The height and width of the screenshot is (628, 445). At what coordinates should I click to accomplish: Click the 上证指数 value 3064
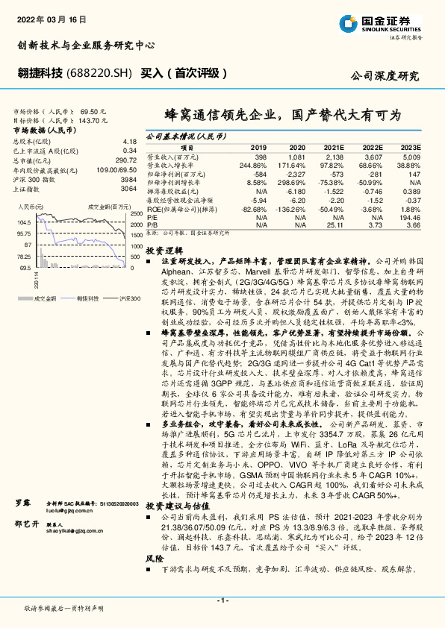coord(128,189)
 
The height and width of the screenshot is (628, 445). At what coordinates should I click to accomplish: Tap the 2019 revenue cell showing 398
coord(260,158)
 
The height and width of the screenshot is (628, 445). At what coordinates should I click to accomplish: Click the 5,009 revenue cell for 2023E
coord(410,158)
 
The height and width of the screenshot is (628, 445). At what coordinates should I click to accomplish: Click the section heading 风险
coord(154,557)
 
